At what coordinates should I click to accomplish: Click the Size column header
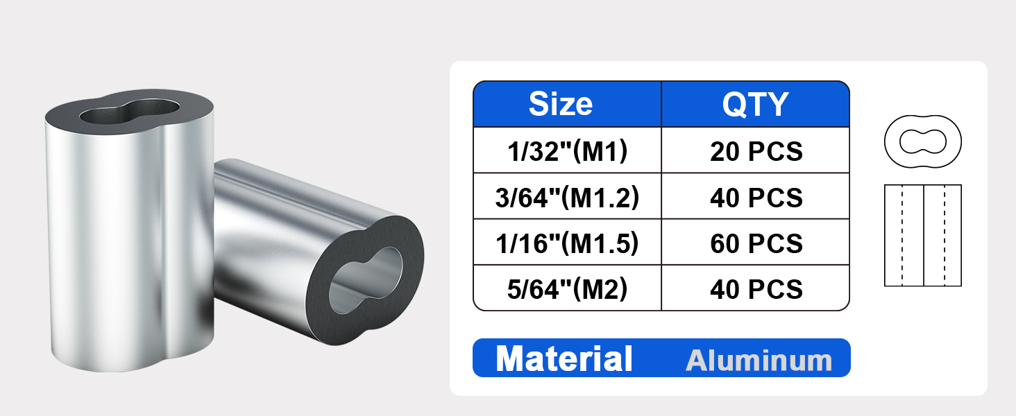[x=561, y=104]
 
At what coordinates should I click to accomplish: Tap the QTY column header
[x=755, y=104]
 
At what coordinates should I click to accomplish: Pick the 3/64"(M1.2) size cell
[x=567, y=197]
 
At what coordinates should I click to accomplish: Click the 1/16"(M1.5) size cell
[x=567, y=243]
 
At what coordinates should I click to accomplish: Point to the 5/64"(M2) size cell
[x=567, y=288]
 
